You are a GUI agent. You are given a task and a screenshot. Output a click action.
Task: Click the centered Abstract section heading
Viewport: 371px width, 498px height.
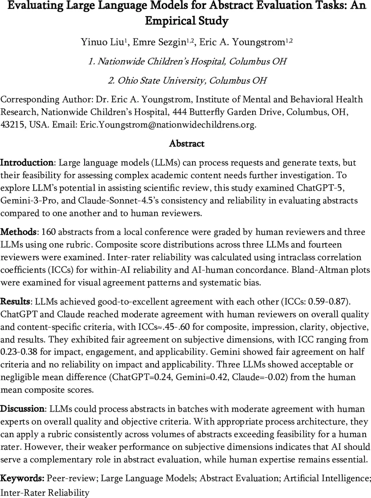click(x=186, y=144)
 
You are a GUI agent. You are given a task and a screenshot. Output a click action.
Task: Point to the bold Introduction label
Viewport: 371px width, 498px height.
click(x=27, y=162)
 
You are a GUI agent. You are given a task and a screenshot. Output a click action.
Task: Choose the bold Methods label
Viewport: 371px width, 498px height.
click(x=19, y=231)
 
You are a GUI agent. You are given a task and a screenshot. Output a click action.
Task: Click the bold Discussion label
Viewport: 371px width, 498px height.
click(x=22, y=409)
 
